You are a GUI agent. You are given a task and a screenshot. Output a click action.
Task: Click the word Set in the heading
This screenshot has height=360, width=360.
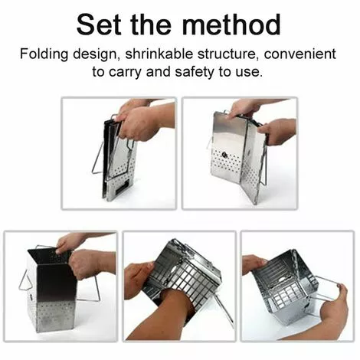tap(99, 25)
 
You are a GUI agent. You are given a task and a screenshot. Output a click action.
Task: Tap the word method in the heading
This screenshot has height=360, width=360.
tap(232, 25)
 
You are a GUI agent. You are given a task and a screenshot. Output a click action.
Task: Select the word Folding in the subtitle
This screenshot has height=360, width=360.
tap(44, 54)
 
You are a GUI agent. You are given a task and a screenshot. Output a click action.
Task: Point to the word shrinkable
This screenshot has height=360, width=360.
tap(159, 54)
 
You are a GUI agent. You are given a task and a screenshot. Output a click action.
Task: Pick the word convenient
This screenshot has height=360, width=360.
tap(300, 54)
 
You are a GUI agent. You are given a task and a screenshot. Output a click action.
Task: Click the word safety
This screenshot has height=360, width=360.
tap(194, 71)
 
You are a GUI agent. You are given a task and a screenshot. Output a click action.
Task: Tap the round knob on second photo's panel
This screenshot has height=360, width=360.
tap(224, 154)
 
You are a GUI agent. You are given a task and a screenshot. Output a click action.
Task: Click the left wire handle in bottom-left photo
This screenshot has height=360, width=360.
tap(25, 280)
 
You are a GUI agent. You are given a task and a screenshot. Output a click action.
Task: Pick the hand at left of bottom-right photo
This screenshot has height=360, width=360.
tap(254, 264)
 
